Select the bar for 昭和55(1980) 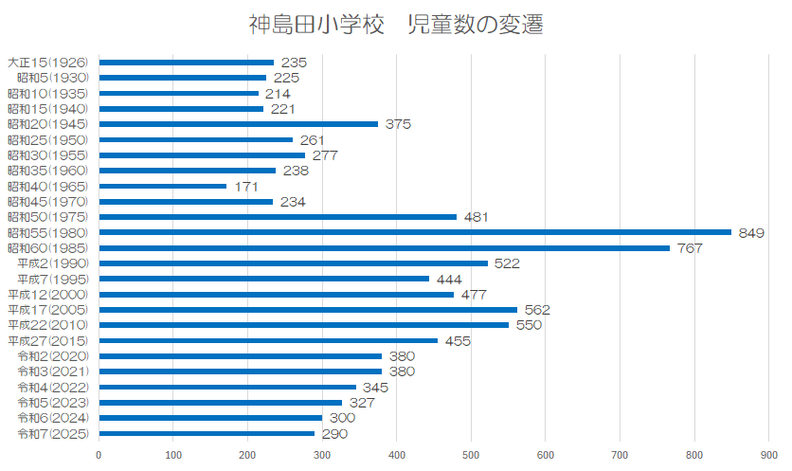[x=415, y=232]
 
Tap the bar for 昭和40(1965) [x=162, y=186]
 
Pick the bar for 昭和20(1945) [x=238, y=124]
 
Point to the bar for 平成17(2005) [x=308, y=310]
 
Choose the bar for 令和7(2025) [x=207, y=434]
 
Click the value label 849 [x=752, y=232]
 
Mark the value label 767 [x=691, y=248]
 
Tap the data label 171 [x=247, y=186]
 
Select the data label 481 [x=477, y=217]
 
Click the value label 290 [x=334, y=434]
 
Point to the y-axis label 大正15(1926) [x=48, y=62]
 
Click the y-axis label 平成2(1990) [x=53, y=263]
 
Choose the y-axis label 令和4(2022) [x=53, y=388]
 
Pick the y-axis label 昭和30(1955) [x=48, y=154]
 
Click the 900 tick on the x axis [x=770, y=455]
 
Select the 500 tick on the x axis [x=472, y=455]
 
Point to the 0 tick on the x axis [x=99, y=455]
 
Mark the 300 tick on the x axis [x=322, y=455]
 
